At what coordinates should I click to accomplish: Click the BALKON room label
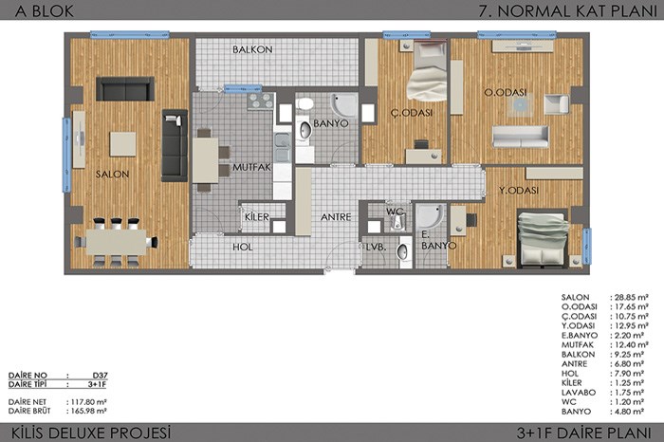[252, 49]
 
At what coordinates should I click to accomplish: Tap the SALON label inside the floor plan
[112, 174]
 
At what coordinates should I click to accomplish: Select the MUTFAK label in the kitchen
[251, 167]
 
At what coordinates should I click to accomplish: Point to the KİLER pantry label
[257, 217]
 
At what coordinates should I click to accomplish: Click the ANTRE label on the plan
[336, 217]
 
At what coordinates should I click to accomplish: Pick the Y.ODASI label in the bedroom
[519, 191]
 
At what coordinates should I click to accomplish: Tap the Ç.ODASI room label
[412, 113]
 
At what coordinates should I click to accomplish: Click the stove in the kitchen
[261, 101]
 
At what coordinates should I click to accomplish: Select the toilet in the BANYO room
[304, 103]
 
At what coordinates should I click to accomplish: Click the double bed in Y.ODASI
[543, 239]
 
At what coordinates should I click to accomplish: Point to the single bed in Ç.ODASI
[427, 71]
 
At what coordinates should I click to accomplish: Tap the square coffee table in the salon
[122, 144]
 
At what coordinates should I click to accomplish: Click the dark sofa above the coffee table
[125, 89]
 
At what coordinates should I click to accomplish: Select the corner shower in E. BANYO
[432, 217]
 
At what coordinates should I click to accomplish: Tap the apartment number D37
[100, 375]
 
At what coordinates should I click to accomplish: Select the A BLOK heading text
[44, 11]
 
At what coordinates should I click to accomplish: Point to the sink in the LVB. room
[403, 252]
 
